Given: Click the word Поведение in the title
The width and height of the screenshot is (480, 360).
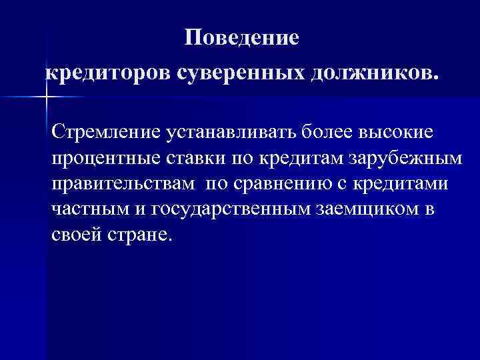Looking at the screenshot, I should point(243,37).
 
